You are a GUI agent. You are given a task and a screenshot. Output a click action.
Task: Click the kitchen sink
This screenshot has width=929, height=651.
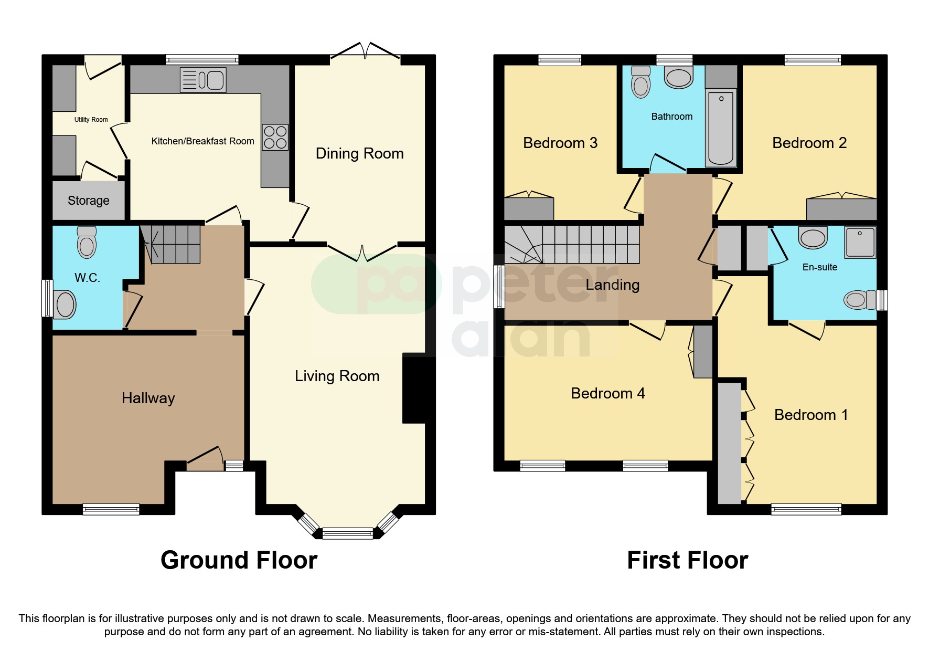tap(203, 80)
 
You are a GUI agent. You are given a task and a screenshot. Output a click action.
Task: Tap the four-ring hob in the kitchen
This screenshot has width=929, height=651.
tap(275, 137)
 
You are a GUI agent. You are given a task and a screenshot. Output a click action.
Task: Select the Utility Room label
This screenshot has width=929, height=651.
tap(91, 120)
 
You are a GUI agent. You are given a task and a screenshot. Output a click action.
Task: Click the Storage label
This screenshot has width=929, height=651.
tap(89, 201)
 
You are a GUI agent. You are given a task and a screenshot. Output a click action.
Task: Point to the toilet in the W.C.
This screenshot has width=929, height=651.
tap(87, 243)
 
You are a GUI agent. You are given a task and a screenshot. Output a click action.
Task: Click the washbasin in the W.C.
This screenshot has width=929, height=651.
tap(65, 304)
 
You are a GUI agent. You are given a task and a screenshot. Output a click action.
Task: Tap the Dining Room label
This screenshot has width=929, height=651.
tap(359, 153)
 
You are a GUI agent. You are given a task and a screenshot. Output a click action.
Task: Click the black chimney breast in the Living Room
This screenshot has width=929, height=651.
tap(417, 388)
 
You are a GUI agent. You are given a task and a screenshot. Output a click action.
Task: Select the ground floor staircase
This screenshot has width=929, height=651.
tap(170, 245)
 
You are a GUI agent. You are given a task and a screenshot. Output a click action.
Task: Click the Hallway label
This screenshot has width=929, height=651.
tap(148, 398)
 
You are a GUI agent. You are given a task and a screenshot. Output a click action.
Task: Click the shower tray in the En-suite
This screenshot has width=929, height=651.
tap(860, 242)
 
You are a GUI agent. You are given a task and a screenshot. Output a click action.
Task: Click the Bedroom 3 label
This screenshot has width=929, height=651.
tap(560, 143)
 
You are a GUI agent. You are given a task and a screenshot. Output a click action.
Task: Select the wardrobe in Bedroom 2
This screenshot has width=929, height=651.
tap(841, 209)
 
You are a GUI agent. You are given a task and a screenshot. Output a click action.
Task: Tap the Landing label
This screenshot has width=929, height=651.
tap(612, 285)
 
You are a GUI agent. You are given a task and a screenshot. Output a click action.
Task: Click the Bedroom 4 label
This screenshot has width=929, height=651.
tap(607, 393)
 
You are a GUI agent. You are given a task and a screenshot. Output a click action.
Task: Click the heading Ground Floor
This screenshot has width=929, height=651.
tap(239, 560)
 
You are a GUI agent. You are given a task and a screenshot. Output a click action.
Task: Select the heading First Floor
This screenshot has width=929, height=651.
tap(687, 560)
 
